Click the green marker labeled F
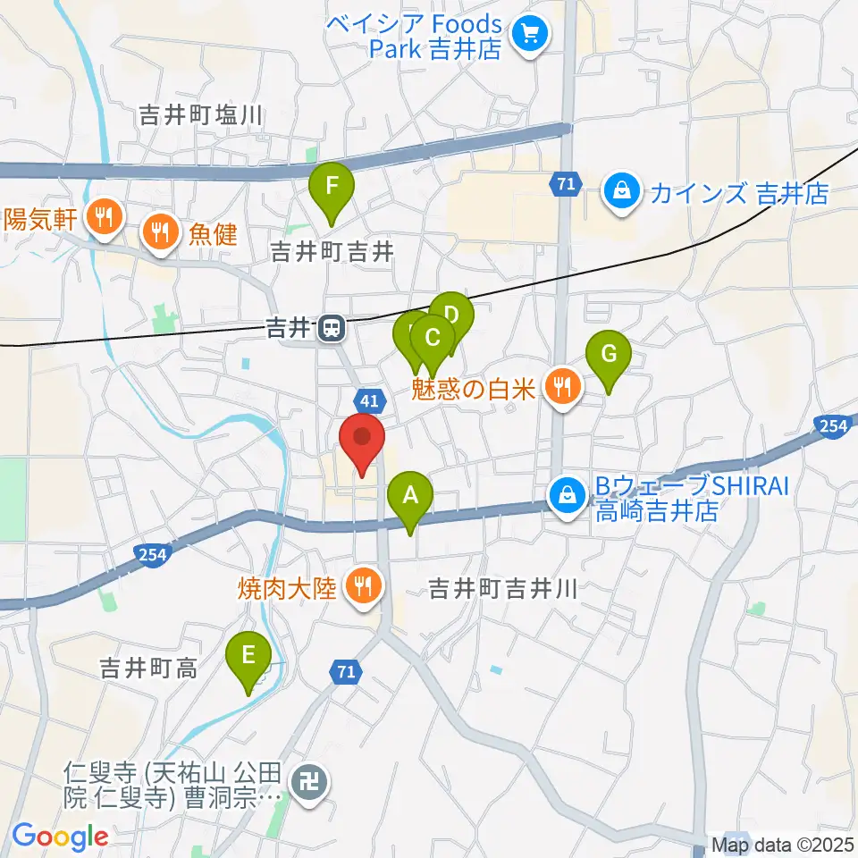(332, 188)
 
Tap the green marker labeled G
(609, 354)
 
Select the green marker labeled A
(410, 495)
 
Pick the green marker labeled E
(248, 656)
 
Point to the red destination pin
(362, 438)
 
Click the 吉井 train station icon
(332, 329)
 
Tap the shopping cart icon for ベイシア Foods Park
(529, 36)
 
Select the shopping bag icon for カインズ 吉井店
(618, 192)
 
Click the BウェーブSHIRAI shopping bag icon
(566, 491)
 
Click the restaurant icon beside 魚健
(161, 234)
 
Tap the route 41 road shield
(371, 400)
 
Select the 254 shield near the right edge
(832, 426)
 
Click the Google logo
(60, 837)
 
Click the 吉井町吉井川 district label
(505, 590)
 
